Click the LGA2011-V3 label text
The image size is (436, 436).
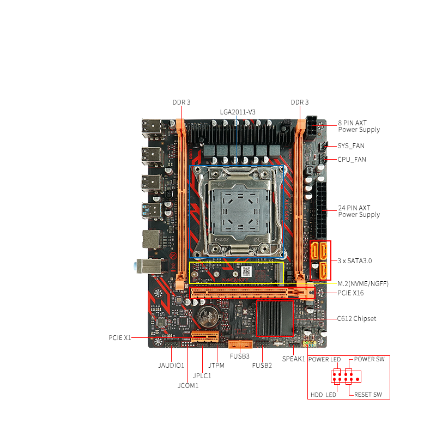tap(238, 112)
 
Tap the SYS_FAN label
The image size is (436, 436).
tap(351, 146)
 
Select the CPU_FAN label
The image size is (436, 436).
tap(352, 160)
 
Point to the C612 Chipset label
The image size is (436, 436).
tap(356, 319)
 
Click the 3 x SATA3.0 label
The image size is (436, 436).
tap(355, 261)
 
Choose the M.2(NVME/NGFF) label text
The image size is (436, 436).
tap(363, 283)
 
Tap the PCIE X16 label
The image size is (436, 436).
tap(350, 293)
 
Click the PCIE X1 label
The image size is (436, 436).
tap(119, 338)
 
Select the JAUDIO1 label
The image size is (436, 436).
tap(171, 366)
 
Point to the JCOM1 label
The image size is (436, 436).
tap(188, 386)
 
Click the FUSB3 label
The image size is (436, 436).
tap(239, 356)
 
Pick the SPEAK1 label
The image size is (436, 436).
tap(294, 359)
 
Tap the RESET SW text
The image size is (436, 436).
tap(368, 395)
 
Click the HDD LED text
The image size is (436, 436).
tap(323, 395)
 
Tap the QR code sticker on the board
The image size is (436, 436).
tap(246, 271)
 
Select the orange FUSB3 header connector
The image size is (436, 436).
tap(240, 344)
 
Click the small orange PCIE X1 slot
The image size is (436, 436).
tap(205, 337)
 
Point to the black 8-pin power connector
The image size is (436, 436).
tap(311, 129)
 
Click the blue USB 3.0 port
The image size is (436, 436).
tap(152, 211)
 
